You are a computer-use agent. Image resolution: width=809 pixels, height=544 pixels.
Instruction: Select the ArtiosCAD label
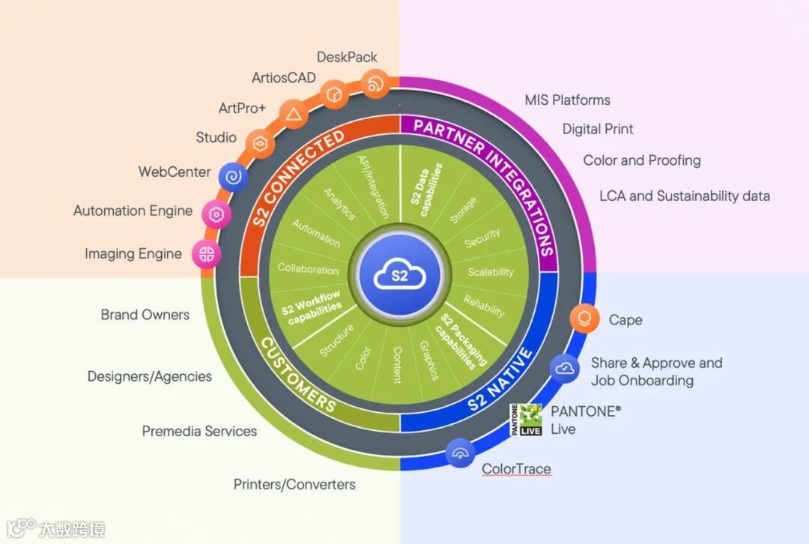coord(284,78)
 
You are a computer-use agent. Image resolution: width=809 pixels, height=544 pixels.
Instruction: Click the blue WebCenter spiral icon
coord(234,177)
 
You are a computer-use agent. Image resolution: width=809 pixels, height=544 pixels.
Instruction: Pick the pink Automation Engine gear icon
coord(216,214)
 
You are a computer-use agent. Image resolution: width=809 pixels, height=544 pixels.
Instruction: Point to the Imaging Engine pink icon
coord(206,253)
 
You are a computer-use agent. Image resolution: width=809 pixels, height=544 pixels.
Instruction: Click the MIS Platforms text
coord(567,100)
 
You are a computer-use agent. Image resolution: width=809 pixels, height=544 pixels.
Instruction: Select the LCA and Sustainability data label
coord(684,196)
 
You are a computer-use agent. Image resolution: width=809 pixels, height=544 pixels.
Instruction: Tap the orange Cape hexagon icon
coord(584,318)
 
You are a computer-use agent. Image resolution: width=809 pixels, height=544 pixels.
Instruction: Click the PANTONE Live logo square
coord(526,420)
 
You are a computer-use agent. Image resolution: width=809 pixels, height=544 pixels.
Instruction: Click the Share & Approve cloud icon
coord(564,368)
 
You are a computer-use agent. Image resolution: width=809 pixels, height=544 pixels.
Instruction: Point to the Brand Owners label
coord(145,315)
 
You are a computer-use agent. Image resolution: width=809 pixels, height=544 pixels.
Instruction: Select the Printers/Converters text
coord(294,484)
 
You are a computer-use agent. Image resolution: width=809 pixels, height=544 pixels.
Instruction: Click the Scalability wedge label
coord(491,272)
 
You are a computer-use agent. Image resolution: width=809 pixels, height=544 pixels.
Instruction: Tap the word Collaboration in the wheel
coord(308,269)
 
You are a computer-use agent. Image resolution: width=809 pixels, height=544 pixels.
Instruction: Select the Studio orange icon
coord(260,142)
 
